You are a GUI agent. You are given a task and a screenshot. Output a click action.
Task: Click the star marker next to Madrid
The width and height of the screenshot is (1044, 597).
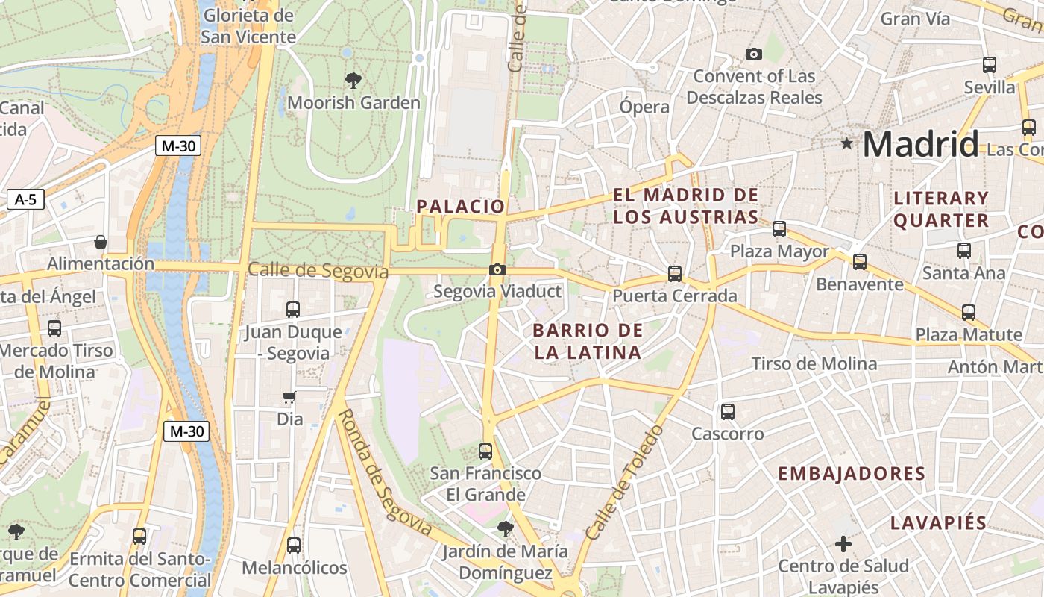[846, 143]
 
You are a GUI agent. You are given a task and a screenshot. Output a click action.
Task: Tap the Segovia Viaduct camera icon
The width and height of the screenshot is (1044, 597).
[497, 269]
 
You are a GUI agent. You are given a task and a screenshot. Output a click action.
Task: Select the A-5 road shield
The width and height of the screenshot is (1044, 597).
[25, 199]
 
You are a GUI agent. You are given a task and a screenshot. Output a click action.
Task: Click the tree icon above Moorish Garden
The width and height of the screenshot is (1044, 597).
[353, 79]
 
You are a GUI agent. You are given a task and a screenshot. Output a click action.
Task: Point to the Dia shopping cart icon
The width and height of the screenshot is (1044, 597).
[289, 397]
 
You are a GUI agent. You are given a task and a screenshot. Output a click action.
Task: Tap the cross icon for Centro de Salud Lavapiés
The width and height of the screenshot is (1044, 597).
[843, 544]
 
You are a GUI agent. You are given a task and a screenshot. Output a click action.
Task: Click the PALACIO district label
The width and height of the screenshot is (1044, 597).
[461, 207]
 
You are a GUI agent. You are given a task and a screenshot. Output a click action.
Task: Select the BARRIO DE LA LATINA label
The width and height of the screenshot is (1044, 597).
[588, 341]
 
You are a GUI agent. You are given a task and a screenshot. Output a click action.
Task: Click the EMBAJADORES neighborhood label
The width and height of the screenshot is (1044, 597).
[852, 474]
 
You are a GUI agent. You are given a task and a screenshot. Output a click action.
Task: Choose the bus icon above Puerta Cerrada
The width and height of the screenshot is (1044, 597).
[675, 274]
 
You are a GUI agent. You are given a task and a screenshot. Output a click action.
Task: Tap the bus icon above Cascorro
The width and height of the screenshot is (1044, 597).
[728, 411]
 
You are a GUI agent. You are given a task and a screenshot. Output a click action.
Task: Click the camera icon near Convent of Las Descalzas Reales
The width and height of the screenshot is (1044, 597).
[754, 54]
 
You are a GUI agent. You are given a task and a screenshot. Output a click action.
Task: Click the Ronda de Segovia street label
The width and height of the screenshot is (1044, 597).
[386, 472]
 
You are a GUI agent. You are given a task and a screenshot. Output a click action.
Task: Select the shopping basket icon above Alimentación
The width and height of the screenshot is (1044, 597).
[101, 242]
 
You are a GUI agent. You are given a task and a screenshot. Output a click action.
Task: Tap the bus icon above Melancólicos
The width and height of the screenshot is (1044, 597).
[294, 546]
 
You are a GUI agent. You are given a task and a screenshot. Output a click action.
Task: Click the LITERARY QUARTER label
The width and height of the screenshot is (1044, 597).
[941, 209]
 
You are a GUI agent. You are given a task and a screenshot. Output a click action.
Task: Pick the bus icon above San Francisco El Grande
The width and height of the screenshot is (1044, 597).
[485, 451]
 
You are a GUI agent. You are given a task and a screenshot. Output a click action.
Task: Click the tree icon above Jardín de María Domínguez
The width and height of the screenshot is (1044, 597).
[505, 529]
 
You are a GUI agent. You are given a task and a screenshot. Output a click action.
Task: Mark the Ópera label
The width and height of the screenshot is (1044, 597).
[644, 107]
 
